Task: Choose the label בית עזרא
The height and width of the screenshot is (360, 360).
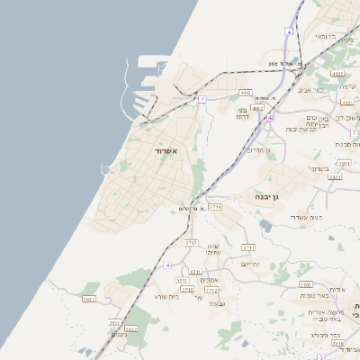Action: (x=167, y=296)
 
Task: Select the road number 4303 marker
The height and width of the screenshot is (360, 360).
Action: (x=246, y=93)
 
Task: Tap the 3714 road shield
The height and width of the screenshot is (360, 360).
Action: (x=215, y=207)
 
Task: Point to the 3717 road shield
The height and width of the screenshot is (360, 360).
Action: (x=191, y=243)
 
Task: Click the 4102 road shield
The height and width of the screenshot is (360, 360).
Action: (x=337, y=74)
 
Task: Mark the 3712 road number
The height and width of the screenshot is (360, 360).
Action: (x=211, y=291)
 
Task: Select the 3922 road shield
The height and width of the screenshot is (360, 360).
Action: (x=335, y=178)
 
